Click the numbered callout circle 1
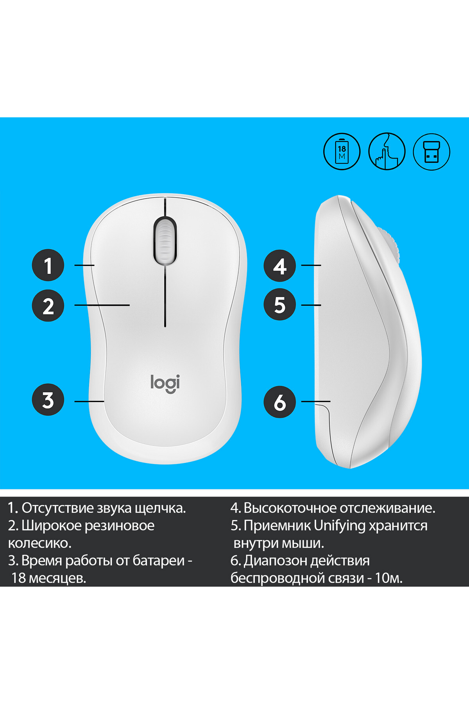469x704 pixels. click(x=48, y=265)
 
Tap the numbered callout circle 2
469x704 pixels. click(x=48, y=305)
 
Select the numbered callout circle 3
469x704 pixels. click(x=48, y=400)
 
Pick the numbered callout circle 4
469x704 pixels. click(x=280, y=266)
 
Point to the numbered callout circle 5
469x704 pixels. click(x=280, y=304)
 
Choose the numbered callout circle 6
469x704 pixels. click(x=280, y=402)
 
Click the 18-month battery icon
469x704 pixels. click(x=342, y=151)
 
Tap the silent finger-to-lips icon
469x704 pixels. click(x=387, y=151)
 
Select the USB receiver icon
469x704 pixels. click(x=432, y=151)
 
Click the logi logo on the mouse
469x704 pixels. click(x=165, y=383)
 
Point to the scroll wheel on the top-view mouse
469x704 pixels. click(x=165, y=241)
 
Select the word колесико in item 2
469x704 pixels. click(x=40, y=543)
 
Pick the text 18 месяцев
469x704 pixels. click(x=48, y=578)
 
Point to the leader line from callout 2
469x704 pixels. click(x=102, y=305)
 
